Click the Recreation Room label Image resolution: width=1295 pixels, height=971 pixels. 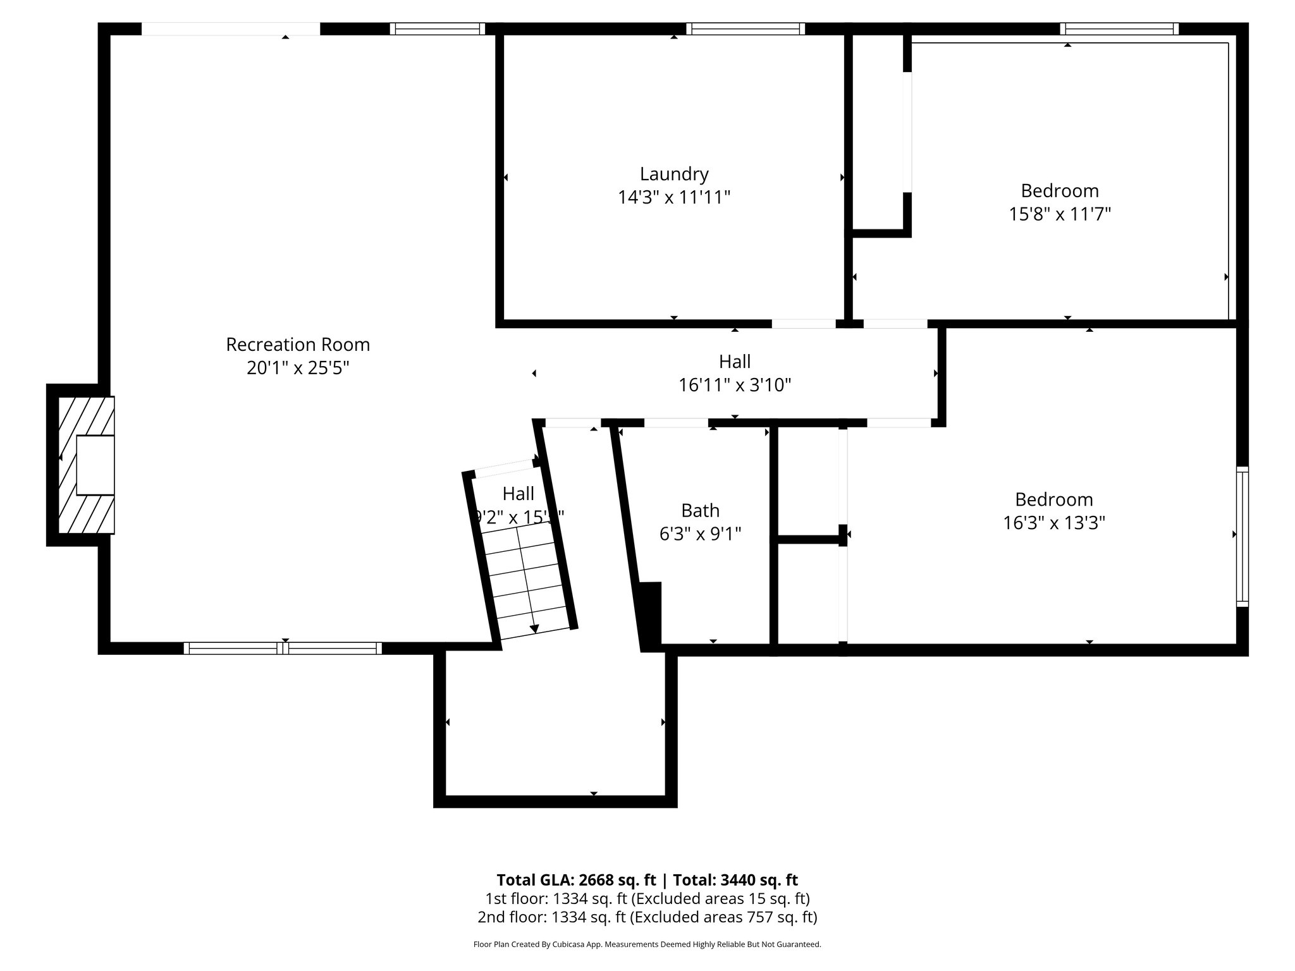coord(298,345)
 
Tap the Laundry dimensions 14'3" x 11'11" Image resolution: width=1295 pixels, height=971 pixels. coord(674,198)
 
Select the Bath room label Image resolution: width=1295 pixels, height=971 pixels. coord(700,510)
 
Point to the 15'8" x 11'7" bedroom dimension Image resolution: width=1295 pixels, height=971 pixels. coord(1060,214)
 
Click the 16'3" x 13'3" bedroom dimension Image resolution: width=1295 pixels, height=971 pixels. coord(1054,523)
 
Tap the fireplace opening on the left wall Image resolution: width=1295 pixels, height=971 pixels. coord(95,465)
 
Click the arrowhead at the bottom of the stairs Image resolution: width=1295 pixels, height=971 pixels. coord(534,628)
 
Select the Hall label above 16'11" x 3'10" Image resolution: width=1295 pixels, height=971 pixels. coord(735,362)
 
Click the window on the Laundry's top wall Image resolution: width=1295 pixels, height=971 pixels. coord(746,28)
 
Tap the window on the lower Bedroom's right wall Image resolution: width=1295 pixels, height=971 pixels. coord(1243,536)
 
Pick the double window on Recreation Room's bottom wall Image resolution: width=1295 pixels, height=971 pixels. coord(283,648)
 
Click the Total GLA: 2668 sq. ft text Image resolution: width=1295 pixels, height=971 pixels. coord(577,880)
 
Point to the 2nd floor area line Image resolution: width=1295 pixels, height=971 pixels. coord(647,917)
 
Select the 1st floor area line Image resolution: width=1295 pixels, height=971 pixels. coord(647,898)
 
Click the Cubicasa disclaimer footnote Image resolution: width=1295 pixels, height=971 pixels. coord(647,944)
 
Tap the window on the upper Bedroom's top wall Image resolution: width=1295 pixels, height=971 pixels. coord(1119,28)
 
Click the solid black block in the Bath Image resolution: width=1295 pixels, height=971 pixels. coord(651,615)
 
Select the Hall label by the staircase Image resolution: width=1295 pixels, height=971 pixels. coord(519,494)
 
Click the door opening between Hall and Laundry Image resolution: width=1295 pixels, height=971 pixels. coord(804,324)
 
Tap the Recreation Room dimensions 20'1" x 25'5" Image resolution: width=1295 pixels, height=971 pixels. coord(298,368)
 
